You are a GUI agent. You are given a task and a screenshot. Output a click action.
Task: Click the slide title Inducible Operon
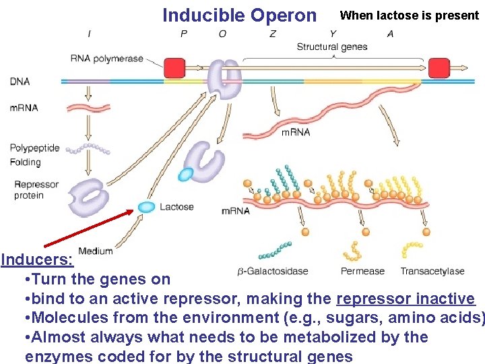coord(239,15)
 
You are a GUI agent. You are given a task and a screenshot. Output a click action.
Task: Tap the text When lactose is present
coord(410,15)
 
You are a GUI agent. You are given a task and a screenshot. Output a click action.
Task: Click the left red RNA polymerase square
coord(174,68)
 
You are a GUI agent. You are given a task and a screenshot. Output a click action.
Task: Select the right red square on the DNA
coord(439,68)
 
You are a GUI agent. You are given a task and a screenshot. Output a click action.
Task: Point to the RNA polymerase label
coord(107,59)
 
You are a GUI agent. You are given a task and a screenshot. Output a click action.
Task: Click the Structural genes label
coord(332,47)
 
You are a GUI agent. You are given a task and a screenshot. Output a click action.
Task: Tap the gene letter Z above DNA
coord(272,34)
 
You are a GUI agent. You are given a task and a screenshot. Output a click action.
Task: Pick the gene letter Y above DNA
coord(333,34)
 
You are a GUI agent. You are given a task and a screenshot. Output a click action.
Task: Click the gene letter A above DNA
coord(391,34)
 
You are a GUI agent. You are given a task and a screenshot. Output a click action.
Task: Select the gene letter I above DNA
coord(90,34)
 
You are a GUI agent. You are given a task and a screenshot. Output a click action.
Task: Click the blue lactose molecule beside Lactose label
coord(146,207)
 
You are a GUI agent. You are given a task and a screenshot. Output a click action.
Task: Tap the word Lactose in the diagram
coord(176,207)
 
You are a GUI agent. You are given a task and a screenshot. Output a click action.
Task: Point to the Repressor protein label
coord(36,190)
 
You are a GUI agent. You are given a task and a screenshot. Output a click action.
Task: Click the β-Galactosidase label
coord(272,271)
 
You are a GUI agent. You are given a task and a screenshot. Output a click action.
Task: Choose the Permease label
coord(362,271)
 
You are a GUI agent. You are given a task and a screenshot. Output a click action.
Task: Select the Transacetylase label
coord(432,271)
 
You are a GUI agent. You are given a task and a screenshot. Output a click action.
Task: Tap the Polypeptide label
coord(34,148)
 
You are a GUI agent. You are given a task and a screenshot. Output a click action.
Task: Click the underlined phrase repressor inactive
coord(406,299)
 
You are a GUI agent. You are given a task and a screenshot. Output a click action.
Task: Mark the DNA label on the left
coord(20,82)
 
